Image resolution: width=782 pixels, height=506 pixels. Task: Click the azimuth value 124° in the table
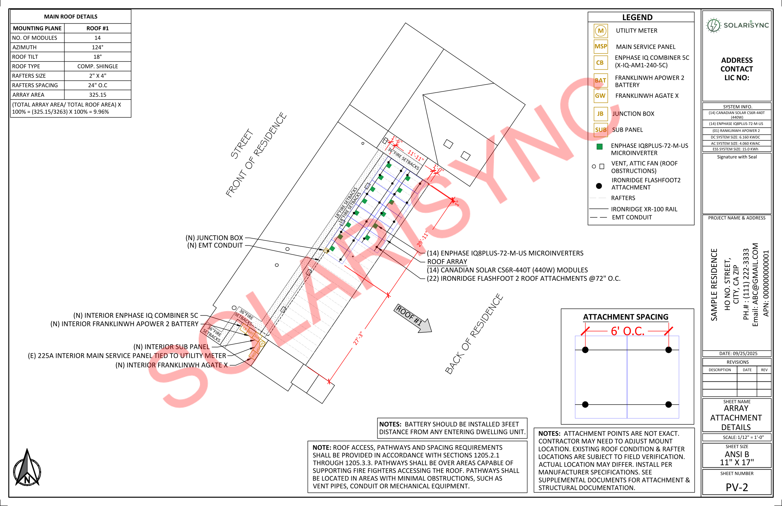(97, 47)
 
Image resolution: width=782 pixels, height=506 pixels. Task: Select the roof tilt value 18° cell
(97, 57)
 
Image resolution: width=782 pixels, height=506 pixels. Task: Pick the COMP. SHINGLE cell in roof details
(97, 66)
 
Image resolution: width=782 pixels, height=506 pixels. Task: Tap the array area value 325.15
(97, 95)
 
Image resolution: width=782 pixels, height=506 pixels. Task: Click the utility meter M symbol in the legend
(601, 31)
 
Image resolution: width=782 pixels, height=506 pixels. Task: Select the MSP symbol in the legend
(601, 47)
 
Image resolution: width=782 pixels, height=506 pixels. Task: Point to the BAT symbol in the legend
(600, 80)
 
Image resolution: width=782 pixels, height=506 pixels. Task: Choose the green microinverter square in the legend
(600, 147)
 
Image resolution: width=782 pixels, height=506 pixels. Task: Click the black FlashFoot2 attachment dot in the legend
(599, 186)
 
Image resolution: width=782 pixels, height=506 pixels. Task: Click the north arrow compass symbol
(27, 468)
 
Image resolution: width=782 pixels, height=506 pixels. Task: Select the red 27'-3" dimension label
(358, 338)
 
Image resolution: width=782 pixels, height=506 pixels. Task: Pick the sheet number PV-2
(737, 487)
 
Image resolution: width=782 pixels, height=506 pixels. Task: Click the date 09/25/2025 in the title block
(738, 354)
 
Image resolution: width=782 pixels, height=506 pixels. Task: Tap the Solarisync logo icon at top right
(713, 25)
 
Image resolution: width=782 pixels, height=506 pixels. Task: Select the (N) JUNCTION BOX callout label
(214, 238)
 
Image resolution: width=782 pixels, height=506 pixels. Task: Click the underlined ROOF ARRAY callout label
(447, 262)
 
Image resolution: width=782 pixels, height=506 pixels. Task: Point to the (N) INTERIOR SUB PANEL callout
(171, 347)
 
